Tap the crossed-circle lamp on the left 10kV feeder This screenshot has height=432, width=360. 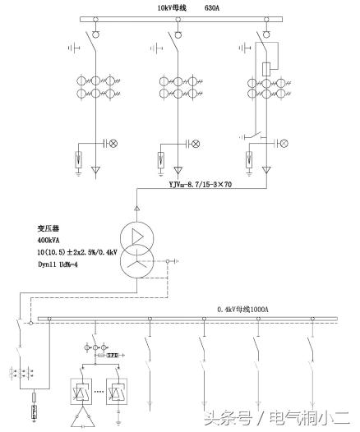115,144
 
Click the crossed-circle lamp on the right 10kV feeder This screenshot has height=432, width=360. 284,144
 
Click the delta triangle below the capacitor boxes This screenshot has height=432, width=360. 83,420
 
